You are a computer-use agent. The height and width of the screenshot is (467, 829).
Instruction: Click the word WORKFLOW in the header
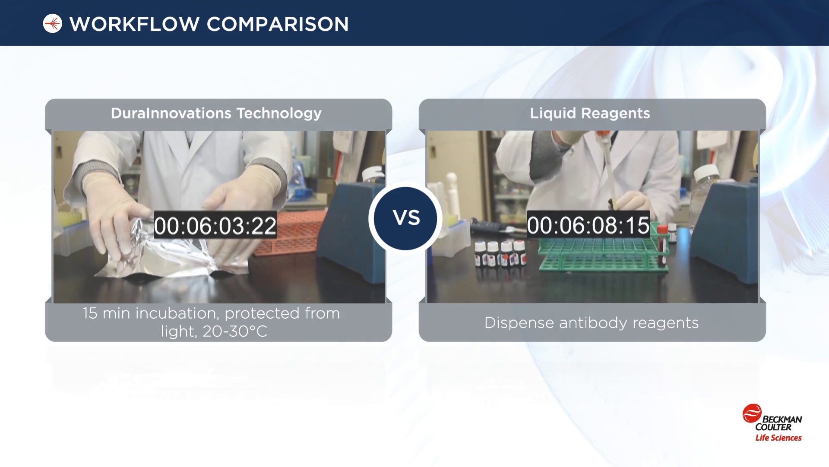click(x=134, y=24)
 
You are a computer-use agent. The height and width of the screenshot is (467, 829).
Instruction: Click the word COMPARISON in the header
click(x=278, y=24)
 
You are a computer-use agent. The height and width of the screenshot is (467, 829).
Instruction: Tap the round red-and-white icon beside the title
click(x=53, y=23)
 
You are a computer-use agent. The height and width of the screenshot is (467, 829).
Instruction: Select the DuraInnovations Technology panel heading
click(x=216, y=113)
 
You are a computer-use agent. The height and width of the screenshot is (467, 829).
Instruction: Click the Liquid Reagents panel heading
click(x=590, y=113)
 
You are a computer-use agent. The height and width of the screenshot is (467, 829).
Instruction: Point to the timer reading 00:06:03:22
click(x=215, y=225)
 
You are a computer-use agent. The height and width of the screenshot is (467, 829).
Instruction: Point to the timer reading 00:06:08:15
click(x=588, y=225)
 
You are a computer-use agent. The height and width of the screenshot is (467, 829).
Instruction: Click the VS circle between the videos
click(x=405, y=218)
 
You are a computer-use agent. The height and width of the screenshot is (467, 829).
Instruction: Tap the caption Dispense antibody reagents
click(x=592, y=323)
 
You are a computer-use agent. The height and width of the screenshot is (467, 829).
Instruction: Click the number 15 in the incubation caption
click(x=90, y=313)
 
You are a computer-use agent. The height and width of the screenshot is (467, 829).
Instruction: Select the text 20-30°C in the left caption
click(x=235, y=332)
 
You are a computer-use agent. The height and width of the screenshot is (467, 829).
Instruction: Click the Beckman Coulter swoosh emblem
click(x=752, y=413)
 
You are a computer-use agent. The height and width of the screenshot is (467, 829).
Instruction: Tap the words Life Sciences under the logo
click(x=778, y=438)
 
